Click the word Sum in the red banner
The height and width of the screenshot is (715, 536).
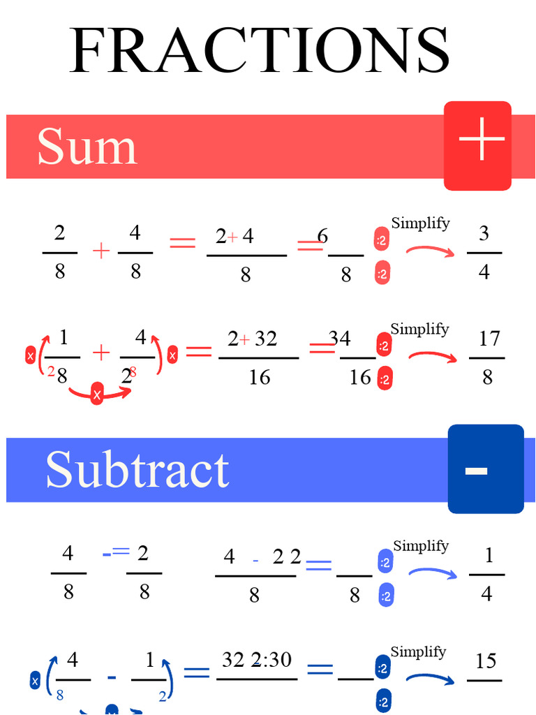[87, 147]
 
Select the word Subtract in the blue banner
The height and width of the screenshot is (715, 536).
[137, 470]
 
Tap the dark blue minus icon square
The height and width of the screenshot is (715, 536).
[485, 469]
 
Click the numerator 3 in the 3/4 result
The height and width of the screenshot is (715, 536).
[484, 234]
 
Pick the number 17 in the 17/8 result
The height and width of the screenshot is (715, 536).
[489, 339]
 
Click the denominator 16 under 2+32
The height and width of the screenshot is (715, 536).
[259, 378]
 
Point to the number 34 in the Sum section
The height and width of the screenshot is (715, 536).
[339, 339]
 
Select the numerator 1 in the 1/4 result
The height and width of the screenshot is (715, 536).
[489, 556]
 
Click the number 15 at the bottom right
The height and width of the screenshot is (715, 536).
[486, 661]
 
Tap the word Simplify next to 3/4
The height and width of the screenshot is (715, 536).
[420, 223]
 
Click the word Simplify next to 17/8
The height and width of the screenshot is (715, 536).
[419, 329]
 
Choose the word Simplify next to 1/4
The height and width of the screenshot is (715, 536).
[421, 546]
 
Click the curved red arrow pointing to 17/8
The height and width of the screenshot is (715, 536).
[433, 357]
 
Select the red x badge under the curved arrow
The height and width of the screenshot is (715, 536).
[97, 395]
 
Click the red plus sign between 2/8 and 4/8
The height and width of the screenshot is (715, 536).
[101, 251]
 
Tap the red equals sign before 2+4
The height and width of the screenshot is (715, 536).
[183, 243]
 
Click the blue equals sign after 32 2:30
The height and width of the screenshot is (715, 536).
[320, 670]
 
